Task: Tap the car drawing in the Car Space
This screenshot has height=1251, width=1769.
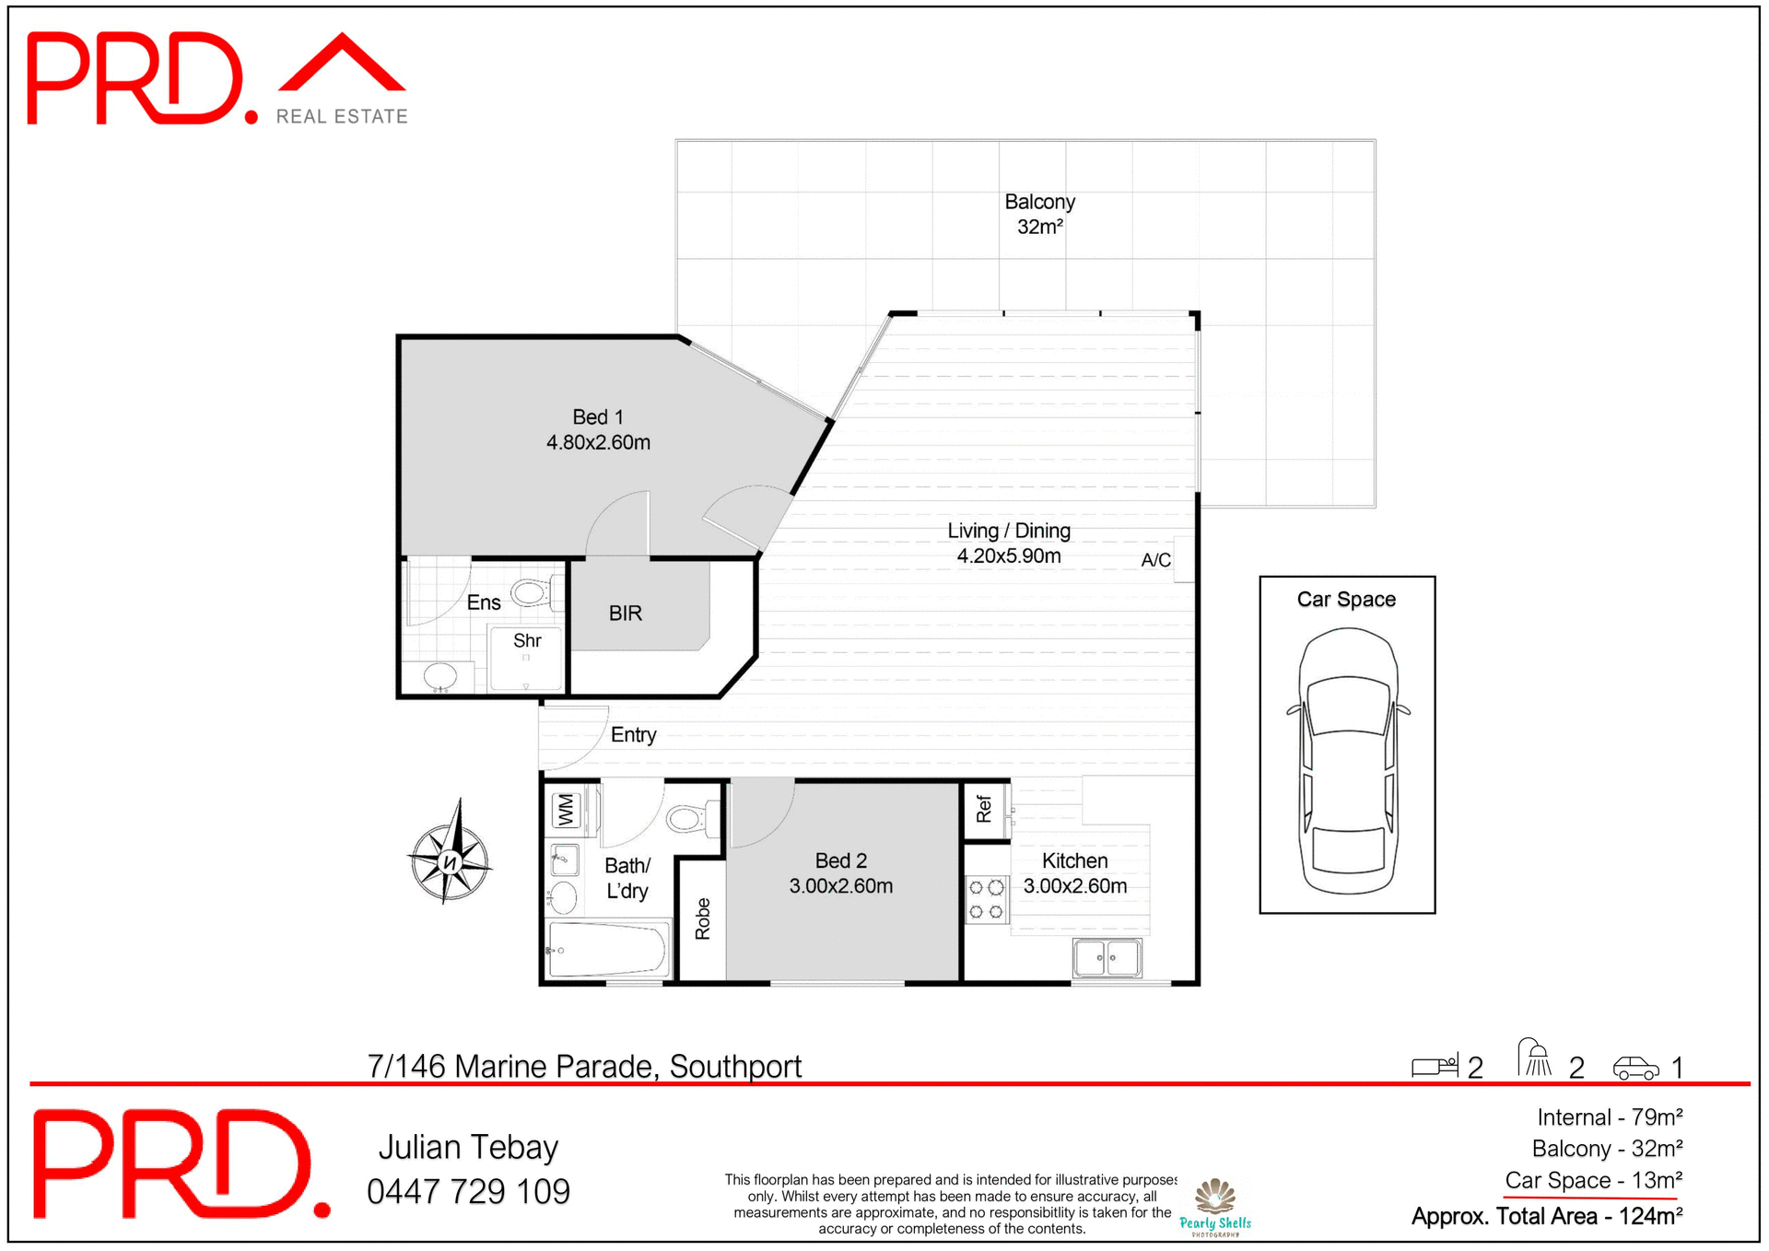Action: [1348, 761]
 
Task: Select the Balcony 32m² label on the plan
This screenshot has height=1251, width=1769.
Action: [1039, 214]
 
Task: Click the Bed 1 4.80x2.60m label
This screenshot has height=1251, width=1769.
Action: [598, 429]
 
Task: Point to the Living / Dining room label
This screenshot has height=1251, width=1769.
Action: [1008, 543]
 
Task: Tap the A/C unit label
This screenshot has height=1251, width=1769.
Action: [1155, 559]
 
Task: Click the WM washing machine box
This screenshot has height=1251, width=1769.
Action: [565, 810]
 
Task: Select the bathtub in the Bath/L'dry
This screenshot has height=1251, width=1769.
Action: [608, 949]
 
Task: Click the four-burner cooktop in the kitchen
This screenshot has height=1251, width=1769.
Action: [986, 899]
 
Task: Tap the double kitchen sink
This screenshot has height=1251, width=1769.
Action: [1107, 958]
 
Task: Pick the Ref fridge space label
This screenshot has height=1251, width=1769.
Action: [984, 809]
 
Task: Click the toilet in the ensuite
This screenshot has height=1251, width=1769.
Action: [533, 591]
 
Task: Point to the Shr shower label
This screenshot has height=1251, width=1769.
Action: [526, 640]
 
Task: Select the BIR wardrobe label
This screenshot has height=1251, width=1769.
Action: [625, 614]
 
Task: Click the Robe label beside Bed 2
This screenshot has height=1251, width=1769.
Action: [703, 918]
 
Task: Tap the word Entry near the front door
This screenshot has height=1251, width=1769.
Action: [633, 734]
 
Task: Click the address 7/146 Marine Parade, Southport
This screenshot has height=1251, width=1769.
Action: [584, 1066]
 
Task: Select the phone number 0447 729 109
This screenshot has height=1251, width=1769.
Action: [468, 1191]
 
